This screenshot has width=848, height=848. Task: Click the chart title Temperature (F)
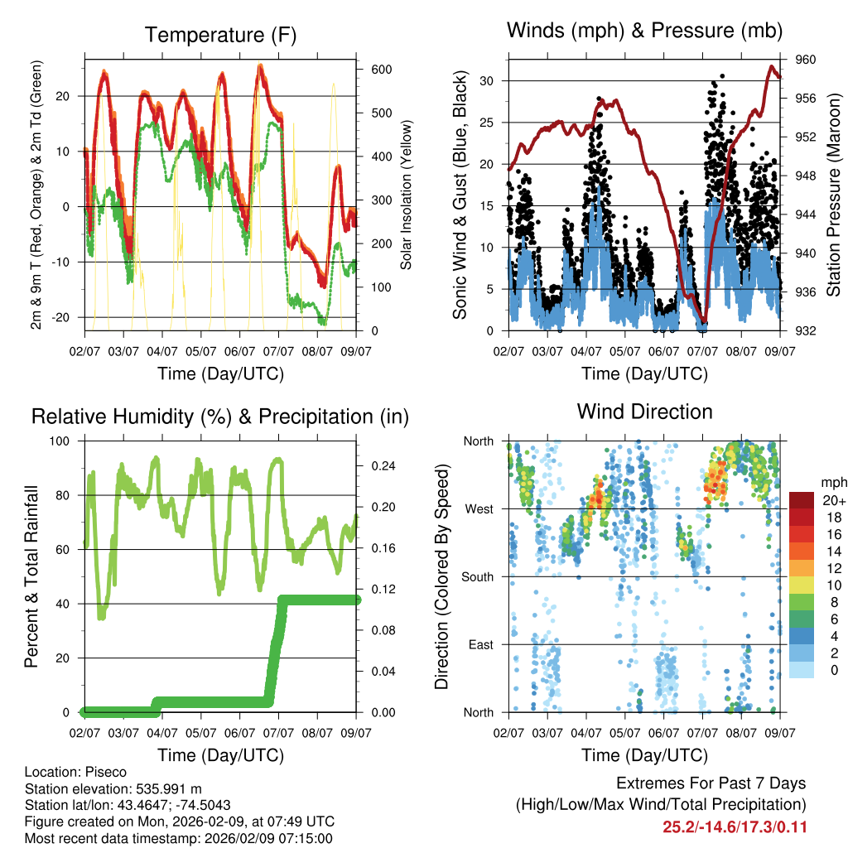coord(220,35)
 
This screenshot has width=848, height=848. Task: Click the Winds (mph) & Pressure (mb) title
coord(645,31)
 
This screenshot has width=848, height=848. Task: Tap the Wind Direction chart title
coord(644,411)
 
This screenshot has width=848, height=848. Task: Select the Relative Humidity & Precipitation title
coord(220,417)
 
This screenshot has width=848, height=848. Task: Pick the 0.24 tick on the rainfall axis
coord(379,465)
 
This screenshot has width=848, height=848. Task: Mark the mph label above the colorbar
coord(832,482)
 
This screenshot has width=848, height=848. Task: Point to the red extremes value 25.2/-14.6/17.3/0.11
coord(735,826)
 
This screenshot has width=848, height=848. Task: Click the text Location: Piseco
coord(76,772)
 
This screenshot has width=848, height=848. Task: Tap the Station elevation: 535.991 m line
coord(113,788)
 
